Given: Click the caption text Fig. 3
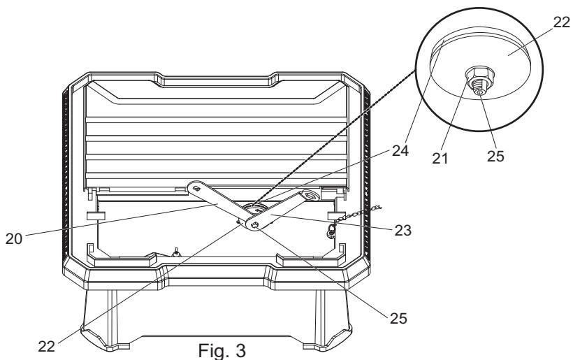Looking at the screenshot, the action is (x=222, y=350).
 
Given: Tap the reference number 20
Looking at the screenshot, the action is (x=14, y=238).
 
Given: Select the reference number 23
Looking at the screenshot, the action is (x=402, y=230).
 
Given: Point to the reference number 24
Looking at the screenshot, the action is (x=400, y=150).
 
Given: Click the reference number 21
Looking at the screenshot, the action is (x=440, y=158).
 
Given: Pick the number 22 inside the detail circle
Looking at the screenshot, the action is (x=562, y=22).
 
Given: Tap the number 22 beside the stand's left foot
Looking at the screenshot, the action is (x=46, y=346).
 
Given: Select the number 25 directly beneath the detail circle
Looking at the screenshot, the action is (x=495, y=156).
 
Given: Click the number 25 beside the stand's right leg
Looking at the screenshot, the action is (x=398, y=318).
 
